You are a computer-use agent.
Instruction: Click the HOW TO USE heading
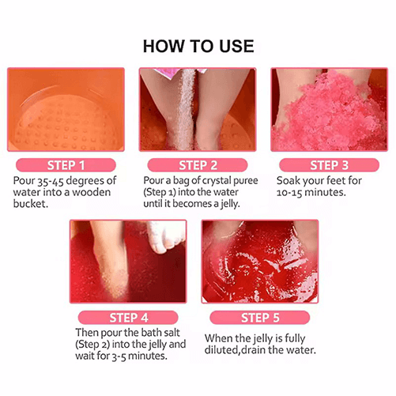tap(198, 45)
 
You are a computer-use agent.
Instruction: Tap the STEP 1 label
tap(65, 165)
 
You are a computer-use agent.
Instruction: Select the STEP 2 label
tap(198, 165)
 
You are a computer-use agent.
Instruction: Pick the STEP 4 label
tap(128, 318)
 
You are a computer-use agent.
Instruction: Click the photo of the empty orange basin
tap(66, 109)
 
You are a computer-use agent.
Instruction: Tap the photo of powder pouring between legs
tap(198, 109)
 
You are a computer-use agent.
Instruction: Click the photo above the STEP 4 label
tap(128, 261)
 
